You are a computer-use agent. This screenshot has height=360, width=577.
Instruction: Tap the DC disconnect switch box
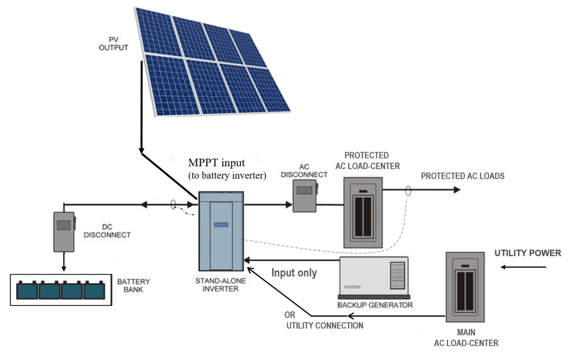click(64, 232)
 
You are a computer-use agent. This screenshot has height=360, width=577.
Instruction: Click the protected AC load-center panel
click(363, 212)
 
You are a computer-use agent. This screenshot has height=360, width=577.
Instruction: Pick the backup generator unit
click(372, 278)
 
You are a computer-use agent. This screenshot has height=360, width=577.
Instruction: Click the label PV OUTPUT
click(113, 44)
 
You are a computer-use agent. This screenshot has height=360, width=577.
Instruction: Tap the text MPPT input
click(217, 163)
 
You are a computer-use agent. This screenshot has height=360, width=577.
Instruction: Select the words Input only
click(294, 273)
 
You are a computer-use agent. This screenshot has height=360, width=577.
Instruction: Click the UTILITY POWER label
click(527, 253)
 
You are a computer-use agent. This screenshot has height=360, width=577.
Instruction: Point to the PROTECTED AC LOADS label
click(463, 176)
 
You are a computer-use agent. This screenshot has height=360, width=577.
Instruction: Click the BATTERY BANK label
click(130, 285)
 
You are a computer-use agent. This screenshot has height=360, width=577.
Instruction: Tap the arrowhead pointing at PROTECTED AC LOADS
click(456, 190)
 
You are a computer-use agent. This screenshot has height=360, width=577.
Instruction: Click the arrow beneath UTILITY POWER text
click(523, 267)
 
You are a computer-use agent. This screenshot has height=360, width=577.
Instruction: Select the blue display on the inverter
click(221, 225)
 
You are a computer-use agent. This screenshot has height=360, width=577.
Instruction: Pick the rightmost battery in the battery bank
click(94, 290)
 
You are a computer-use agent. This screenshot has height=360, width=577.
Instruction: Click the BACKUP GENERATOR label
click(375, 305)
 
